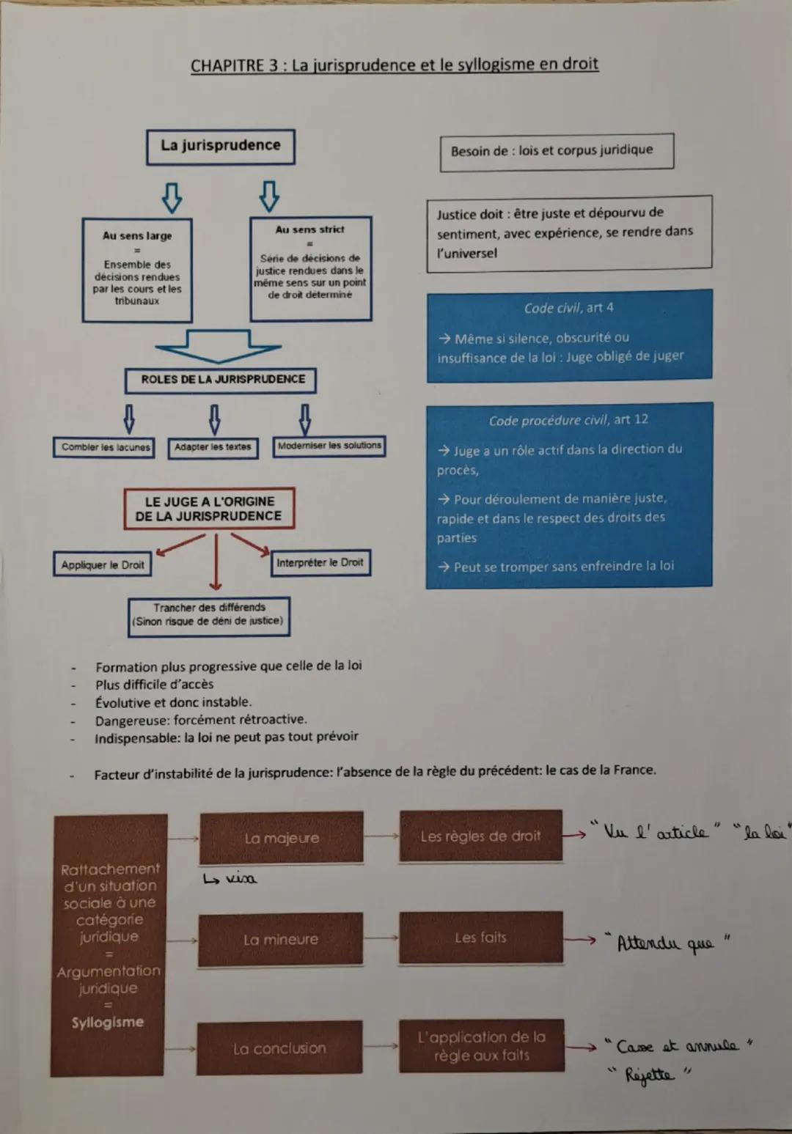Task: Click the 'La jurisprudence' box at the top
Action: [x=221, y=146]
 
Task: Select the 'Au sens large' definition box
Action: [x=137, y=270]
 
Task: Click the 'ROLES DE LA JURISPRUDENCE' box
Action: [x=221, y=380]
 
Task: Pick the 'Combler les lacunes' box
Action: [x=104, y=447]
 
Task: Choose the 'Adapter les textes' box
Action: [x=213, y=447]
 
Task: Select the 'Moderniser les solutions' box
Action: [x=329, y=446]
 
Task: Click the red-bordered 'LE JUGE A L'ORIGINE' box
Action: [x=209, y=509]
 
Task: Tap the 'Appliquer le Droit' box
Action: [x=103, y=564]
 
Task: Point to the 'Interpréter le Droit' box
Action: [x=320, y=562]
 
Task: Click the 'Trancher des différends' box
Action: [x=209, y=614]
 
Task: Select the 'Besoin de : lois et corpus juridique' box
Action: [x=556, y=151]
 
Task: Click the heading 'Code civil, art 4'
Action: [x=568, y=308]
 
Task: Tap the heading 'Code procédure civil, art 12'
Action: [x=568, y=420]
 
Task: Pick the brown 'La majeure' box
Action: [x=282, y=838]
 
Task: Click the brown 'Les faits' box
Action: [x=480, y=938]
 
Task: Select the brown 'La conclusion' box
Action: [x=279, y=1048]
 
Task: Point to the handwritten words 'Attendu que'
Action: [x=664, y=943]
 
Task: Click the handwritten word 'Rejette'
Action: [x=648, y=1076]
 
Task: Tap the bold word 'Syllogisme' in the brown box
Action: [x=108, y=1023]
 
